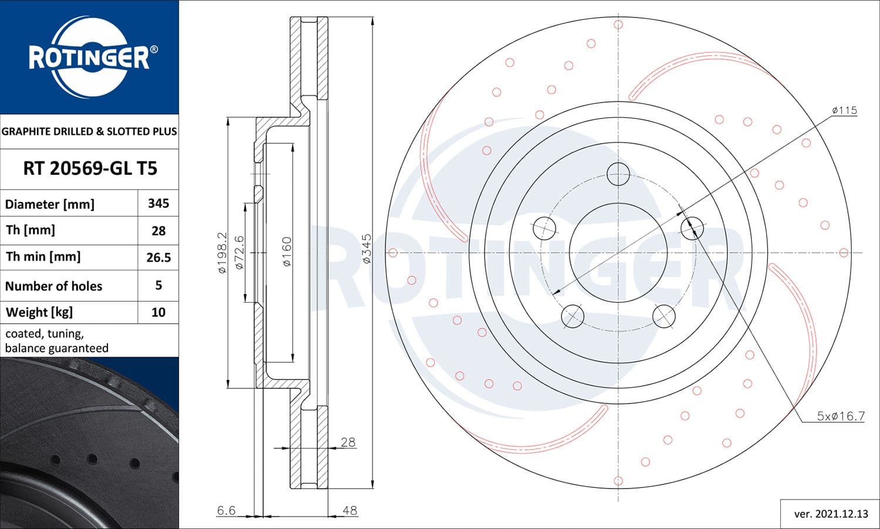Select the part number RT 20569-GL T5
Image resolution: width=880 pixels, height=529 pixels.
tap(90, 169)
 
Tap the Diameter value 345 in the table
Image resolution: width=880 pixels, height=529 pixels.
tap(158, 204)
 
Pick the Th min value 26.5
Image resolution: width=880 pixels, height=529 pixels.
tap(158, 257)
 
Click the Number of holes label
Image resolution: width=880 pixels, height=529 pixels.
tap(53, 286)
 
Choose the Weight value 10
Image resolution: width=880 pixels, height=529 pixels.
tap(158, 312)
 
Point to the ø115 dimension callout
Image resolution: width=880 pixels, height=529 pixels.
tap(844, 110)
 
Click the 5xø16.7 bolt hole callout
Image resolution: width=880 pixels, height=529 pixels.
tap(841, 416)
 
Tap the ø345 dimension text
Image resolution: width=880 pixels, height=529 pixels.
tap(367, 249)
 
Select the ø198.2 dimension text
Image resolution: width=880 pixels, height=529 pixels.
tap(222, 253)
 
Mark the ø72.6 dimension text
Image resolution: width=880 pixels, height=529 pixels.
tap(239, 253)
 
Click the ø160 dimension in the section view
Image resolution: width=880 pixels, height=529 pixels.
tap(286, 252)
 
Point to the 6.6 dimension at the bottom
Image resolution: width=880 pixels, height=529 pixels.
tap(226, 510)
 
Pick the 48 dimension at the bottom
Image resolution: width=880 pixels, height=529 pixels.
tap(350, 510)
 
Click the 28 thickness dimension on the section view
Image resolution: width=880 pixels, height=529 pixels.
tap(348, 442)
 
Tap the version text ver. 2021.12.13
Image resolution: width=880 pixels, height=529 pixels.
tap(831, 514)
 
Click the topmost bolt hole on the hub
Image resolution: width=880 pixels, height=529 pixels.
tap(618, 174)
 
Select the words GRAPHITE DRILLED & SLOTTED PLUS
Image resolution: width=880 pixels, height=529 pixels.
tap(89, 131)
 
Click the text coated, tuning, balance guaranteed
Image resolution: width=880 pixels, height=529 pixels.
tap(57, 341)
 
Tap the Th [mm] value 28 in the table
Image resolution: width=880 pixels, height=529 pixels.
tap(158, 230)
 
